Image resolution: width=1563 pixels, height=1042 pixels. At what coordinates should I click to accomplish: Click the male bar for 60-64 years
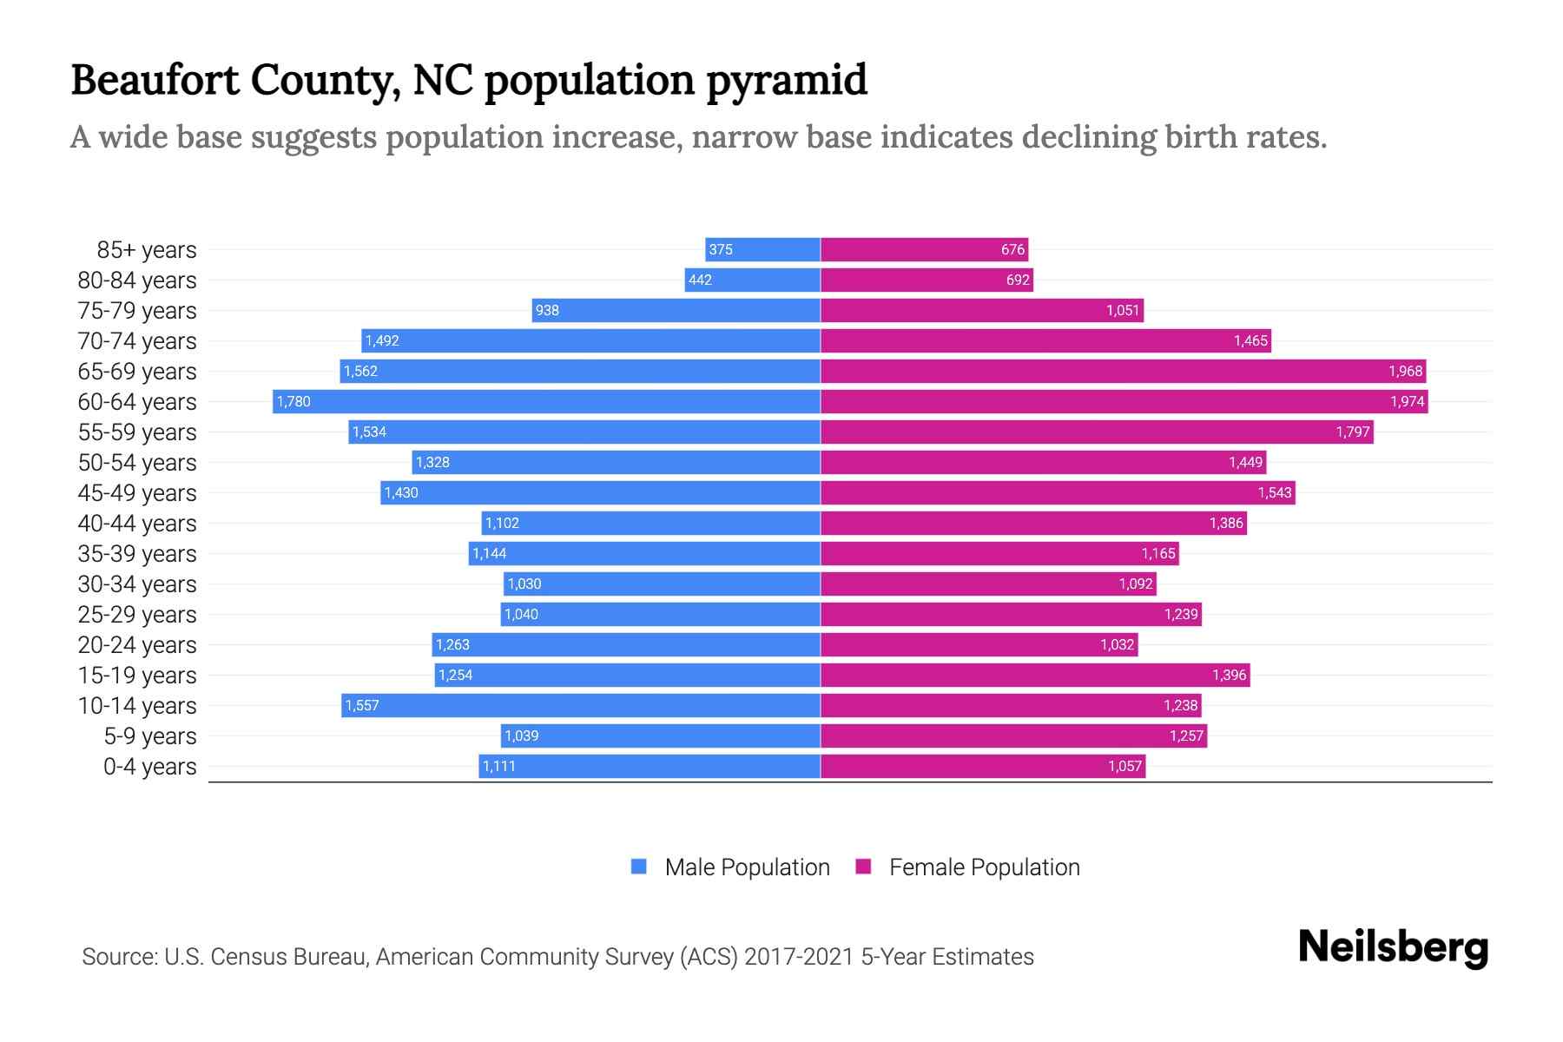click(547, 401)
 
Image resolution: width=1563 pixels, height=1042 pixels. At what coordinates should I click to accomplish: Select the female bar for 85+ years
click(924, 249)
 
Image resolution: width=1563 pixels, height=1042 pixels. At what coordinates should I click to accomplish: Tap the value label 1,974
click(1407, 401)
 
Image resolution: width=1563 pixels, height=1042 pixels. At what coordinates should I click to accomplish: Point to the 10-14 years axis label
click(137, 705)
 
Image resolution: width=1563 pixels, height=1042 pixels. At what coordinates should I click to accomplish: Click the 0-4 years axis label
click(149, 766)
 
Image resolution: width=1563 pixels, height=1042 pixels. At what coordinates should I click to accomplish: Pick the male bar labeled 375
click(762, 249)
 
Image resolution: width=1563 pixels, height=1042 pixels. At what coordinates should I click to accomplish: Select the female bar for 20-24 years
click(979, 644)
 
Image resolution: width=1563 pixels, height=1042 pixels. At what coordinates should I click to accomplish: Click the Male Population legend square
click(639, 867)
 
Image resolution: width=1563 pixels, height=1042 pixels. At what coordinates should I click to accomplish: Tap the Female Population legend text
click(984, 867)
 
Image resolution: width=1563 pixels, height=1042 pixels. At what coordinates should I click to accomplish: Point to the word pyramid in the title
click(787, 80)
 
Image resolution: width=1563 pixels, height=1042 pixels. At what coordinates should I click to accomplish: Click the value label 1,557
click(362, 705)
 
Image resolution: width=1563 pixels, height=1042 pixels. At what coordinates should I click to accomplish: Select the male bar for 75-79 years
click(676, 310)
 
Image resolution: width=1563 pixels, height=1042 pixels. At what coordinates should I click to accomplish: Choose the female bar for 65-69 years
click(1123, 371)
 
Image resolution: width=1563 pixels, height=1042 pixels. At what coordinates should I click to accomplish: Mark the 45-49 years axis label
click(137, 492)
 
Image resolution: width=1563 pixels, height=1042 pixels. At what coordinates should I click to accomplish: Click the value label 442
click(700, 280)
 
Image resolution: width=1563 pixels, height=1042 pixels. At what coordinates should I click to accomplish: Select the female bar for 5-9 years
click(1013, 735)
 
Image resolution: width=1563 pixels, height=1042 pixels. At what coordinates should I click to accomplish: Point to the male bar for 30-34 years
click(662, 584)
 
